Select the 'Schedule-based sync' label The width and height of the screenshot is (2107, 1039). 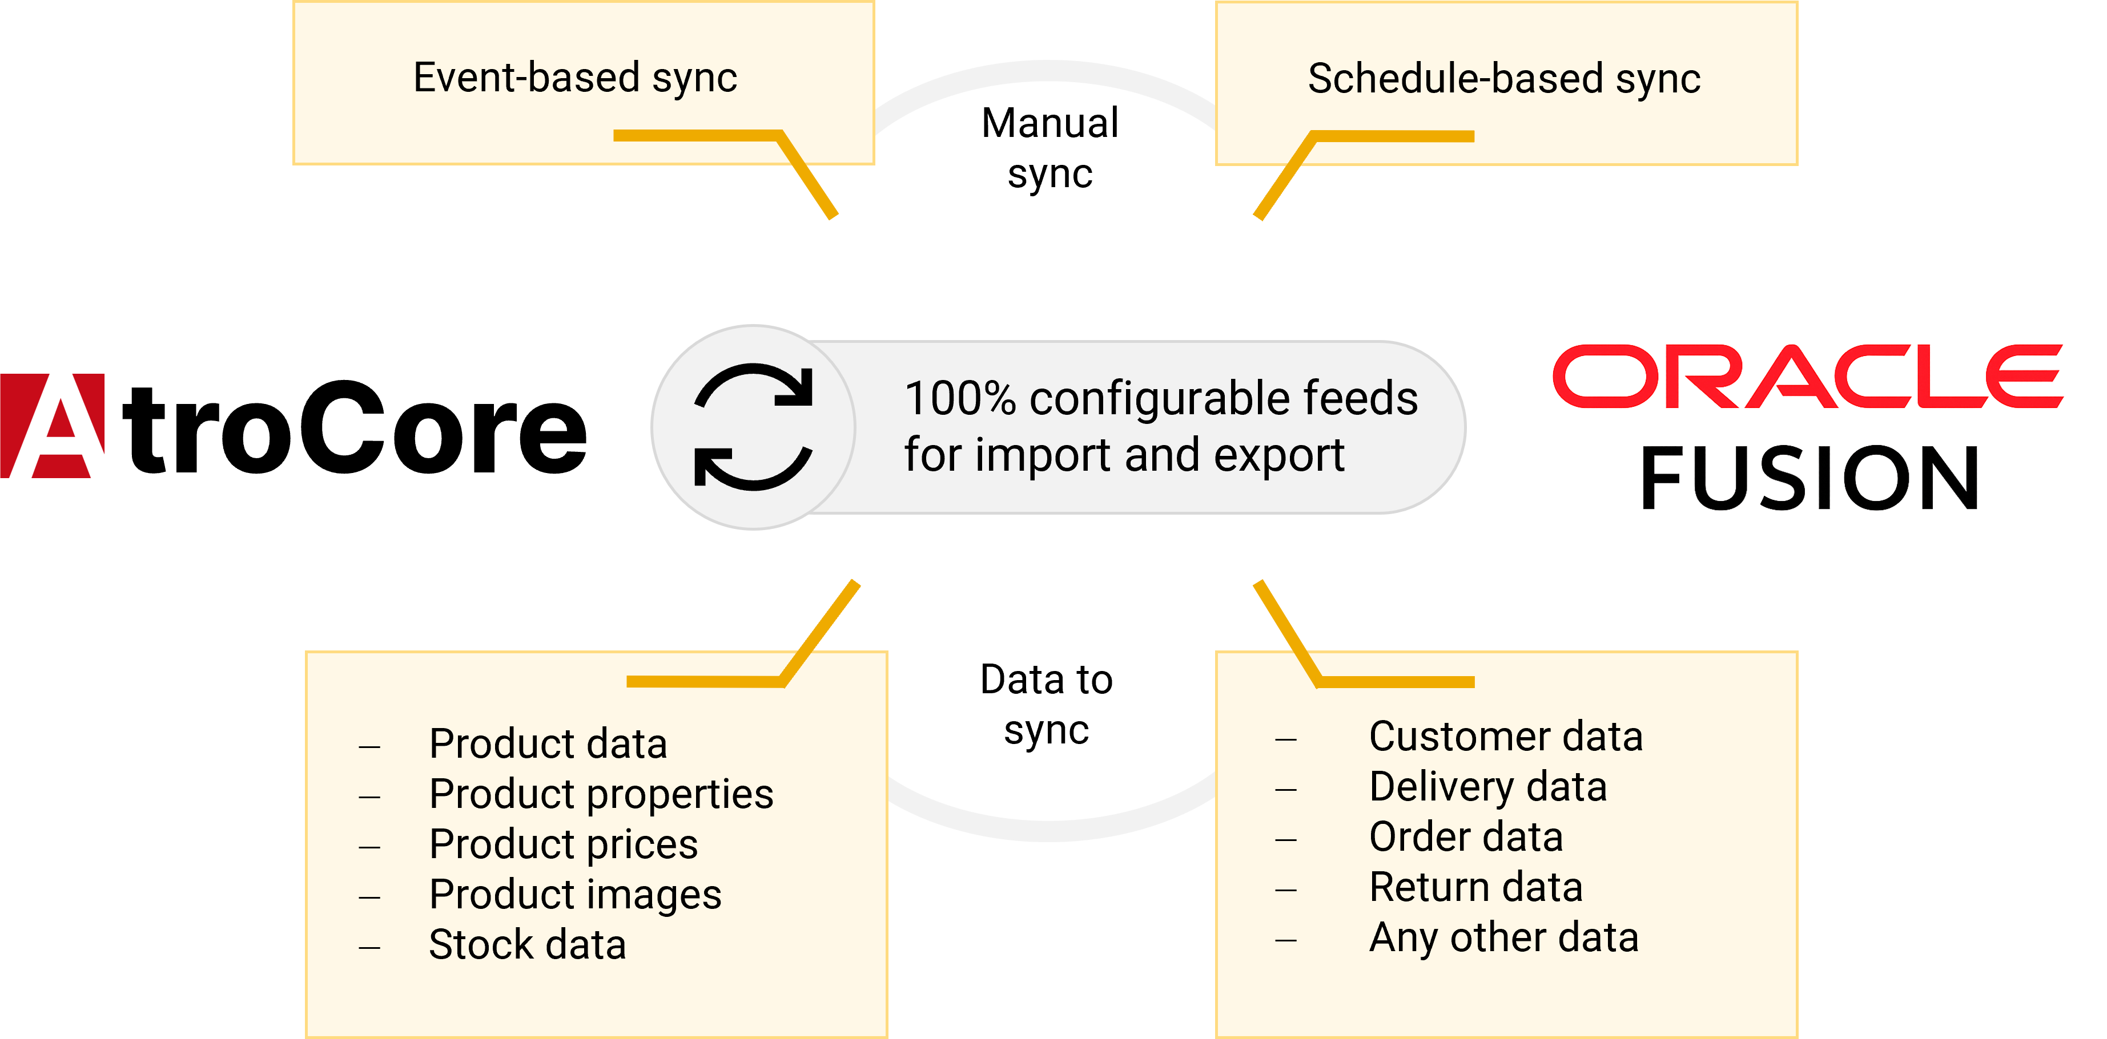(x=1503, y=80)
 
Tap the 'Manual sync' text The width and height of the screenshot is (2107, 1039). (x=1050, y=148)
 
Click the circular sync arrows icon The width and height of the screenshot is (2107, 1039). (x=753, y=427)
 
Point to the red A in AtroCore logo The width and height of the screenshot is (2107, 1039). (x=53, y=425)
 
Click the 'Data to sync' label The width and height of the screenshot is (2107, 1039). (x=1046, y=705)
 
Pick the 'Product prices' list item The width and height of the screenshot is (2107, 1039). (x=564, y=844)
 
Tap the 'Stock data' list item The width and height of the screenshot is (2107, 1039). (x=528, y=945)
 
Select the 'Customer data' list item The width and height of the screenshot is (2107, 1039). (x=1506, y=737)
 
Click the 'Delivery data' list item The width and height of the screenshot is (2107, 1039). (x=1488, y=787)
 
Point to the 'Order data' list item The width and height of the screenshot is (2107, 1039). (x=1466, y=837)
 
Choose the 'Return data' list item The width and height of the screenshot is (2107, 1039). (x=1475, y=888)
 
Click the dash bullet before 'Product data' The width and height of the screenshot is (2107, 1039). (x=369, y=746)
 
